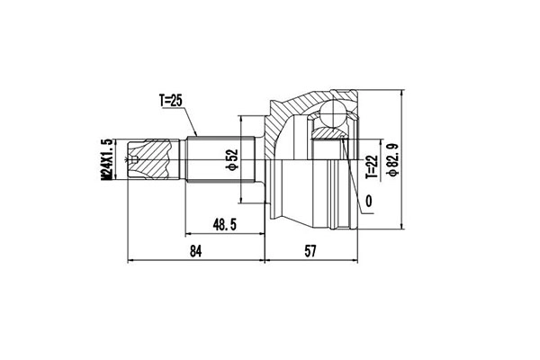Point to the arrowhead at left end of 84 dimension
[x=133, y=261]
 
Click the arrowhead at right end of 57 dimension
[x=353, y=261]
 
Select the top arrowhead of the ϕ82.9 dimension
[x=400, y=93]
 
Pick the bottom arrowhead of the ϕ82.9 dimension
[x=400, y=224]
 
